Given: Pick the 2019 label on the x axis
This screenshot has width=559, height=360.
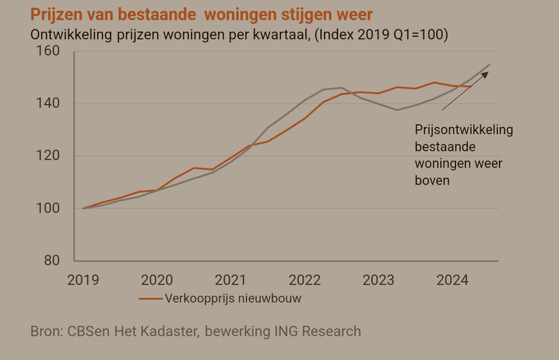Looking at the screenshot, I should pos(83,280).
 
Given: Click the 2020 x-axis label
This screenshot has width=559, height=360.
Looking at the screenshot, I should pos(157,280).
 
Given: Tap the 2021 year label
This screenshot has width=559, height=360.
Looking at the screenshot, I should pos(231,280).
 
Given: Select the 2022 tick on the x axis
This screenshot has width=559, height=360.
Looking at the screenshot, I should pos(305,280).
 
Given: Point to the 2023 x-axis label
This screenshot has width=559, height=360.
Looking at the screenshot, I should pos(379,280).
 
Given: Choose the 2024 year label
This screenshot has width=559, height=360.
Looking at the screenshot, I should pos(453,280).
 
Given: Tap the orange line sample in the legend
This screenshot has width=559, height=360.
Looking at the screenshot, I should pos(150,298).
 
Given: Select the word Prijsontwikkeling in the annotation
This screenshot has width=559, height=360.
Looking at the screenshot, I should pos(464,130).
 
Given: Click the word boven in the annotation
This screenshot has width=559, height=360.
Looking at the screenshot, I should pos(432,180).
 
